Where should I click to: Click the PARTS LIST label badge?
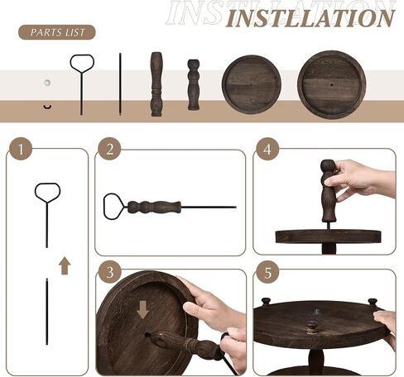(57, 32)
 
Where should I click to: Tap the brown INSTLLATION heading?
(310, 18)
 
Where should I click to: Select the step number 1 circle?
(21, 149)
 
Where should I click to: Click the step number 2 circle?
(109, 149)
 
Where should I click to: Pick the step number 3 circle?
(110, 272)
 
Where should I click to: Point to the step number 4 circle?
(267, 149)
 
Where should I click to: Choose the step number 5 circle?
(267, 272)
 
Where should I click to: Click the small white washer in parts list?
(47, 83)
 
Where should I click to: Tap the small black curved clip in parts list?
(47, 107)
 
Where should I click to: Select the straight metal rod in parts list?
(120, 84)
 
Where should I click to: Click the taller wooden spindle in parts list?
(156, 84)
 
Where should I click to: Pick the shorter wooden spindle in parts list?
(194, 85)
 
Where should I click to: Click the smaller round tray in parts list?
(252, 84)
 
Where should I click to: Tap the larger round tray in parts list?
(331, 84)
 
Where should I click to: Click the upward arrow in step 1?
(65, 265)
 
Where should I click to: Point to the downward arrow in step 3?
(142, 310)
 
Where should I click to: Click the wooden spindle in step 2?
(154, 208)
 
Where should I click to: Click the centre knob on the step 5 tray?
(311, 327)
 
